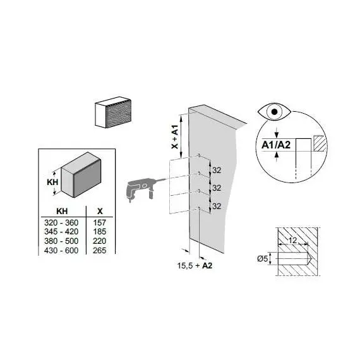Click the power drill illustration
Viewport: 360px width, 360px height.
(140, 189)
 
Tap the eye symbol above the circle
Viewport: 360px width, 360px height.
(274, 112)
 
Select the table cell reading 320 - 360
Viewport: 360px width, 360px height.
(61, 222)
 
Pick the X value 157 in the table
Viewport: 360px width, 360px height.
(100, 222)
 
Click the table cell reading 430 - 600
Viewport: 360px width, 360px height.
(61, 250)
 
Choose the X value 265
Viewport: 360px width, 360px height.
(100, 250)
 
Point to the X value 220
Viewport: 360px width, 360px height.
(100, 241)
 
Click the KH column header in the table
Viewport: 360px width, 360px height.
(62, 211)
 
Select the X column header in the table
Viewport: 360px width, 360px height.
(100, 211)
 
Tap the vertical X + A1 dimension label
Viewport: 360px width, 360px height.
(175, 137)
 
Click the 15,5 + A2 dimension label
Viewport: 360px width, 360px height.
(195, 266)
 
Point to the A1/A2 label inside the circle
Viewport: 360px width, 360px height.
(276, 145)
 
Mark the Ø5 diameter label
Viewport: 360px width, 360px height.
(263, 259)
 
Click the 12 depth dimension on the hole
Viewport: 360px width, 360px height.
(292, 241)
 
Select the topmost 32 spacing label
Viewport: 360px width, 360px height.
(217, 171)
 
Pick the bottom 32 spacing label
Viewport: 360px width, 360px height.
(217, 206)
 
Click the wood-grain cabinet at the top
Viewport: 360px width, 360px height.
(113, 112)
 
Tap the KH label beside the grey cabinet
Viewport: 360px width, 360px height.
(52, 182)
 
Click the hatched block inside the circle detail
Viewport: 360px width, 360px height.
(320, 143)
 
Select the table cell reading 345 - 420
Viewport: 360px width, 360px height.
(61, 231)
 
